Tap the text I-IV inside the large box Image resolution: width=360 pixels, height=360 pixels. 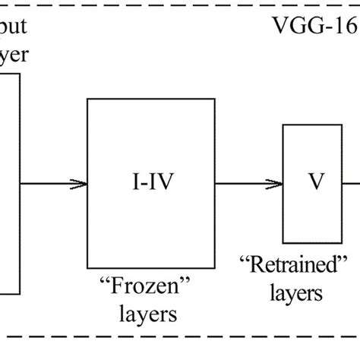coord(151,184)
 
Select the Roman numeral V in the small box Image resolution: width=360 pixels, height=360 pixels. coord(311,184)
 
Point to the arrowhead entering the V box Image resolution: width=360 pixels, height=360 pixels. coord(276,184)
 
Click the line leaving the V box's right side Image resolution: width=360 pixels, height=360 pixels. coord(350,184)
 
